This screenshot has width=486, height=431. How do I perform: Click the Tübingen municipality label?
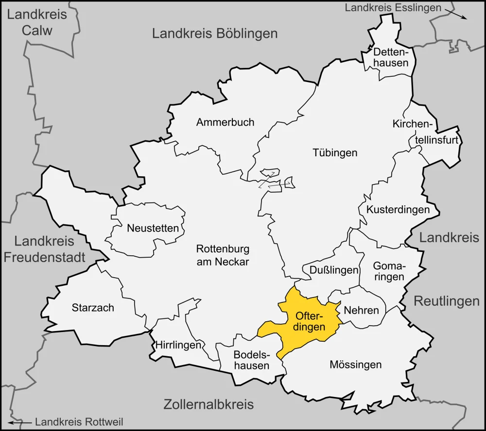334,153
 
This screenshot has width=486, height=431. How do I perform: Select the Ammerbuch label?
225,122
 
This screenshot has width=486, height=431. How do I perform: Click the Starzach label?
93,308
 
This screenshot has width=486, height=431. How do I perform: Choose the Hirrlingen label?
178,346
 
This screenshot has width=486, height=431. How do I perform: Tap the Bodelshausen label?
251,360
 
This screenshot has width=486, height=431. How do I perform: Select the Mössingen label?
355,365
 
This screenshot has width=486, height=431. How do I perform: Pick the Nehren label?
361,310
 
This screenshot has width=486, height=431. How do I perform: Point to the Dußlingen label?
330,270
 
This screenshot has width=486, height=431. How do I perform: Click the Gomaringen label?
389,271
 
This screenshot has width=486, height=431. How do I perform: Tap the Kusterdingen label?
398,210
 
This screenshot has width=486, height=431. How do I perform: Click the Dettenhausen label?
391,57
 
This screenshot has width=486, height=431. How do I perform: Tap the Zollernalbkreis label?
208,404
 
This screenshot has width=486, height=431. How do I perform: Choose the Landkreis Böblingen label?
215,33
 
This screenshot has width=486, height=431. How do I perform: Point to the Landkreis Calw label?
37,22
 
